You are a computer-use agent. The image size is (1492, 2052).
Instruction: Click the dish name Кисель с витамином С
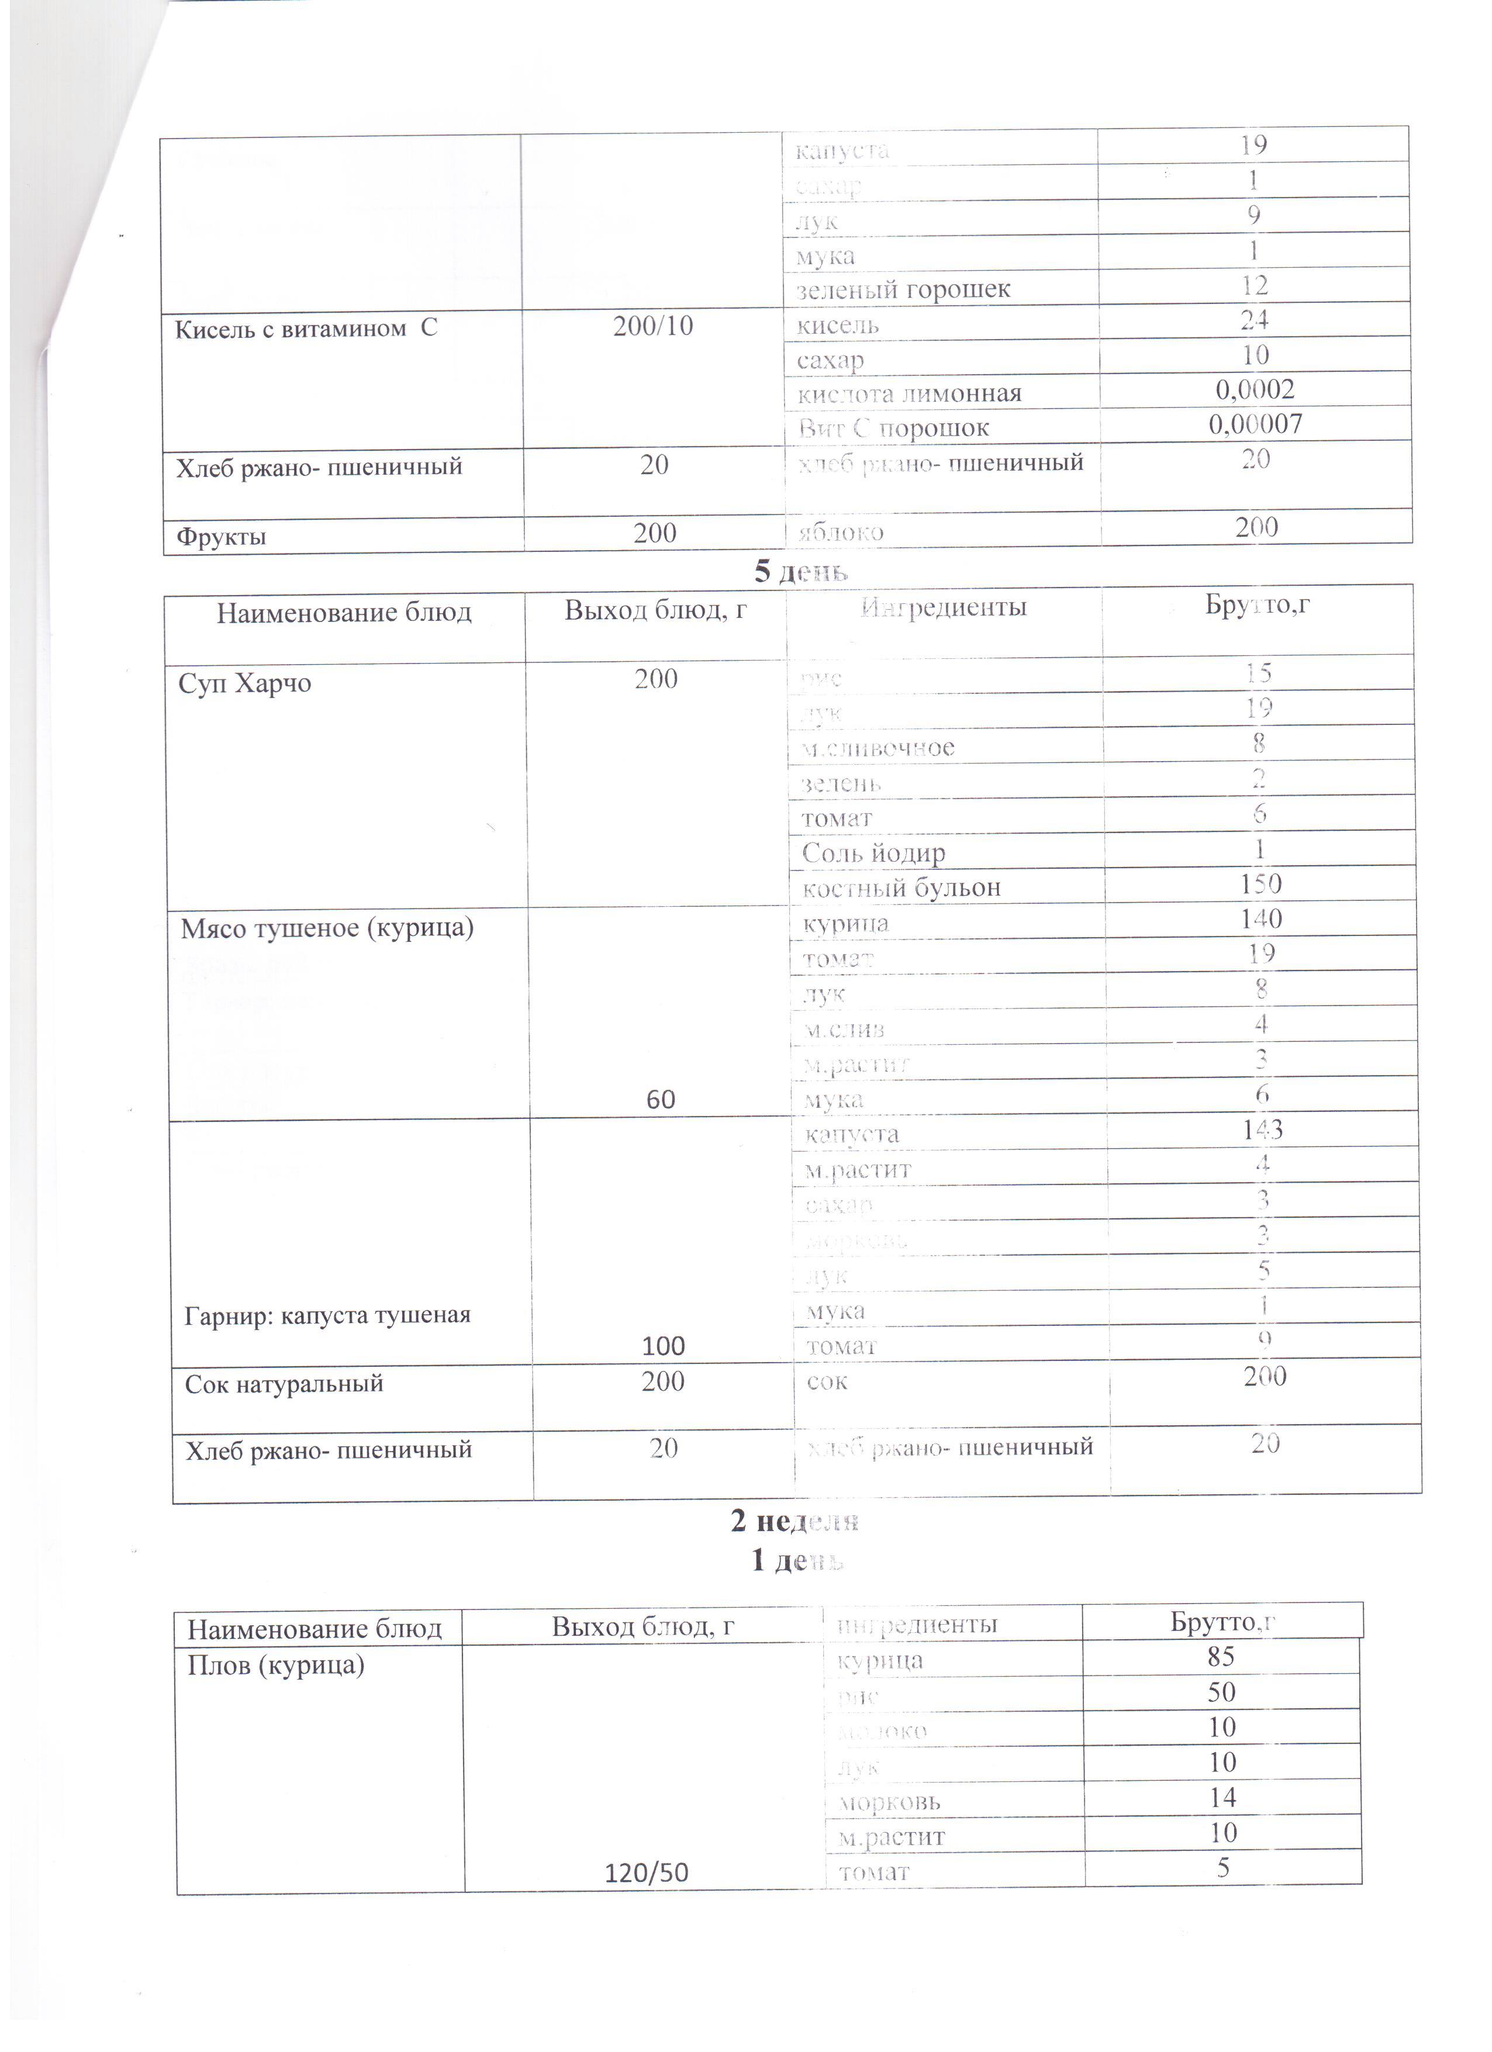tap(306, 329)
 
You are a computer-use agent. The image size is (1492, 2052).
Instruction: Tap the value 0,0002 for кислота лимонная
tap(1255, 390)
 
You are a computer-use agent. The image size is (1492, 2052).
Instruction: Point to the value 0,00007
tap(1255, 424)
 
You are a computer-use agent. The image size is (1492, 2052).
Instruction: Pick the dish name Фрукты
tap(221, 537)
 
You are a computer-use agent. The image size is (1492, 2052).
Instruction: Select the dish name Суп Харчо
tap(244, 682)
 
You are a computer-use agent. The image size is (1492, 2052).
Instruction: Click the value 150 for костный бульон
tap(1260, 884)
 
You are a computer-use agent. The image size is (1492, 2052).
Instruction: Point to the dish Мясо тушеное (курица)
tap(327, 928)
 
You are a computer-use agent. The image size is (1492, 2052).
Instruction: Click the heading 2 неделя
tap(795, 1521)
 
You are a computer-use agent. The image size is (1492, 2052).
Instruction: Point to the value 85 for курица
tap(1221, 1657)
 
